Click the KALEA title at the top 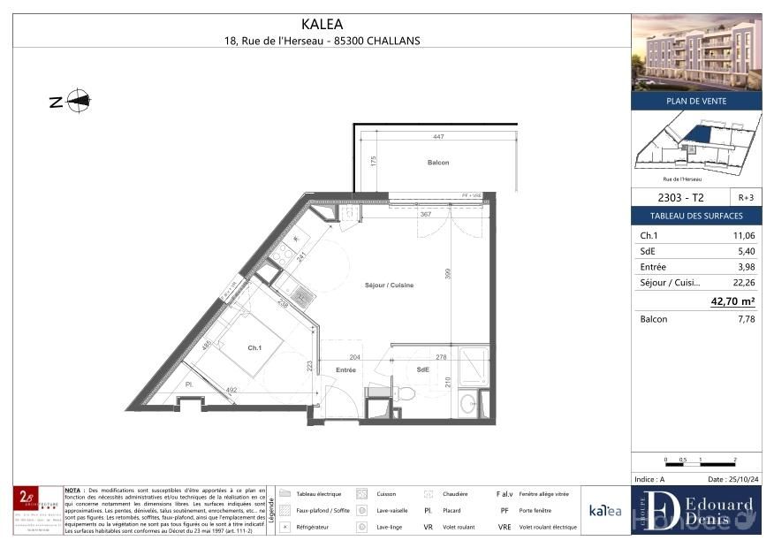[x=322, y=25]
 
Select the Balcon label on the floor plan [x=438, y=163]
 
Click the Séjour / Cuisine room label [x=389, y=285]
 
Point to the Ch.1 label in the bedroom [x=254, y=348]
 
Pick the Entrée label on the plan [x=345, y=369]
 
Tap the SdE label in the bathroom [x=423, y=369]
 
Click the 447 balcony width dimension [x=438, y=137]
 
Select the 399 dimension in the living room [x=448, y=274]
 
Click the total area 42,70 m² [x=732, y=301]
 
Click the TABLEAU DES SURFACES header [x=696, y=216]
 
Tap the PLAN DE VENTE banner [x=696, y=101]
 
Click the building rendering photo [x=696, y=52]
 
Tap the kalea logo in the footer [x=605, y=510]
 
